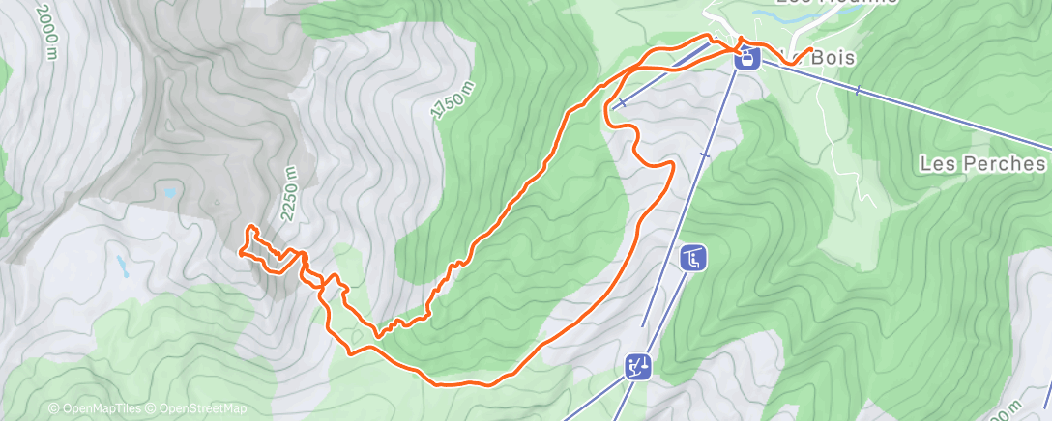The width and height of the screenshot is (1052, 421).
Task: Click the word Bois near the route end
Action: pos(832,58)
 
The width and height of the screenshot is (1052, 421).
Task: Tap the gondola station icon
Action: pos(746,58)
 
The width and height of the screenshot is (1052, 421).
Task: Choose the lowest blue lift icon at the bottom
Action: pos(636,367)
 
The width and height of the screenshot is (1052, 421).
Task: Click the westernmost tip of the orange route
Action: pos(240,253)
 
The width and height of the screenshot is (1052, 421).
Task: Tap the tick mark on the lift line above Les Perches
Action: pos(859,91)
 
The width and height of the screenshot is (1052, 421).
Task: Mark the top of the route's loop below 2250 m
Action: pos(252,227)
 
